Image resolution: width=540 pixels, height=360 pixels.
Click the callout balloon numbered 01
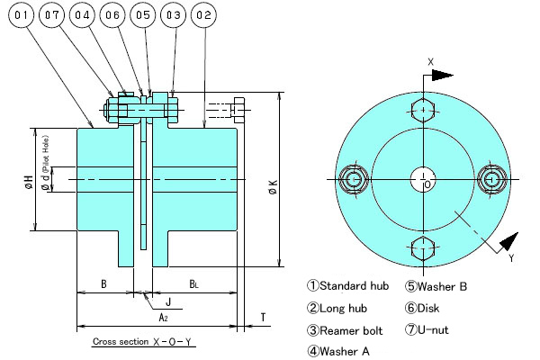(23, 15)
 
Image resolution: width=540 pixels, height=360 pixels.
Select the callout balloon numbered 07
(54, 15)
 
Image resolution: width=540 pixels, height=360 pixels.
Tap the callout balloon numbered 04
(84, 15)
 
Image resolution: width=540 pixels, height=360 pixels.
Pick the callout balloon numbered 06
(114, 15)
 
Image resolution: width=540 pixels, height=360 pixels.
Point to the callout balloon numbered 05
(144, 15)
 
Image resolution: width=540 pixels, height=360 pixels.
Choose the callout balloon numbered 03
(175, 15)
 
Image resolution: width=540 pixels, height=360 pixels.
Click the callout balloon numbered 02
(204, 15)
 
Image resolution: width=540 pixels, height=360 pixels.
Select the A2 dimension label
(164, 318)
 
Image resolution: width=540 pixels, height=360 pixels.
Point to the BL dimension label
(193, 284)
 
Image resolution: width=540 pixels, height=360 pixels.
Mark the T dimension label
(262, 317)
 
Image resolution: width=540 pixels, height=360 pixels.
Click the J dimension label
(168, 301)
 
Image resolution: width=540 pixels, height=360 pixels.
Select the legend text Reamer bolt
(347, 329)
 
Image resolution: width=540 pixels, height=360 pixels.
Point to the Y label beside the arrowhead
(510, 258)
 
